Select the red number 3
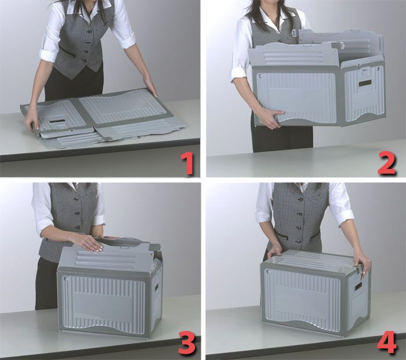pyautogui.click(x=187, y=344)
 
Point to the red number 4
pyautogui.click(x=387, y=343)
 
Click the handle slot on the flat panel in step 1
pyautogui.click(x=57, y=121)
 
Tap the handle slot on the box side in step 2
pyautogui.click(x=365, y=84)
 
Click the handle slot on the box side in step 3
pyautogui.click(x=157, y=288)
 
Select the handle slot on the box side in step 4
pyautogui.click(x=358, y=286)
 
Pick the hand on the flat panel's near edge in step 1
pyautogui.click(x=32, y=119)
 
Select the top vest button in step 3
pyautogui.click(x=77, y=199)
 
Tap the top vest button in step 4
pyautogui.click(x=300, y=200)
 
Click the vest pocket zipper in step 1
pyautogui.click(x=67, y=51)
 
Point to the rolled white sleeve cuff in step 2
pyautogui.click(x=238, y=74)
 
